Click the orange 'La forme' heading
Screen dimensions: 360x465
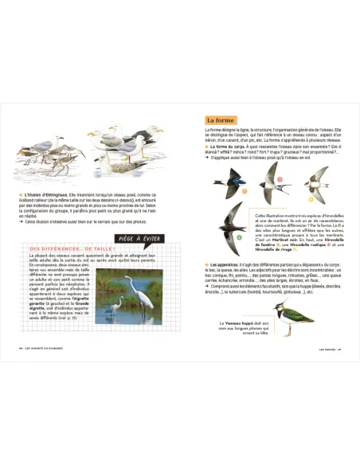pyautogui.click(x=221, y=120)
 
